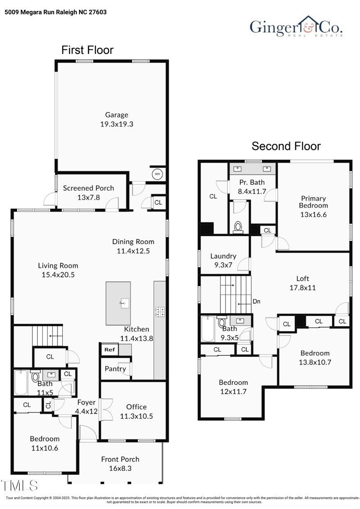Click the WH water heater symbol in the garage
coord(157,174)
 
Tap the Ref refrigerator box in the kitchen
coord(109,349)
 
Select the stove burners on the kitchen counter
coord(160,311)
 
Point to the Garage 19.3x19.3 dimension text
coord(117,124)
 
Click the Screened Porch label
coord(88,188)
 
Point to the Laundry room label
coord(223,256)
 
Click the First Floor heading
coord(87,50)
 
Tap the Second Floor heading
coord(286,146)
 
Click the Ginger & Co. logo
coord(297,27)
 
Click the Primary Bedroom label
coord(313,202)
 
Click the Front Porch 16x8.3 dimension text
coord(120,468)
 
